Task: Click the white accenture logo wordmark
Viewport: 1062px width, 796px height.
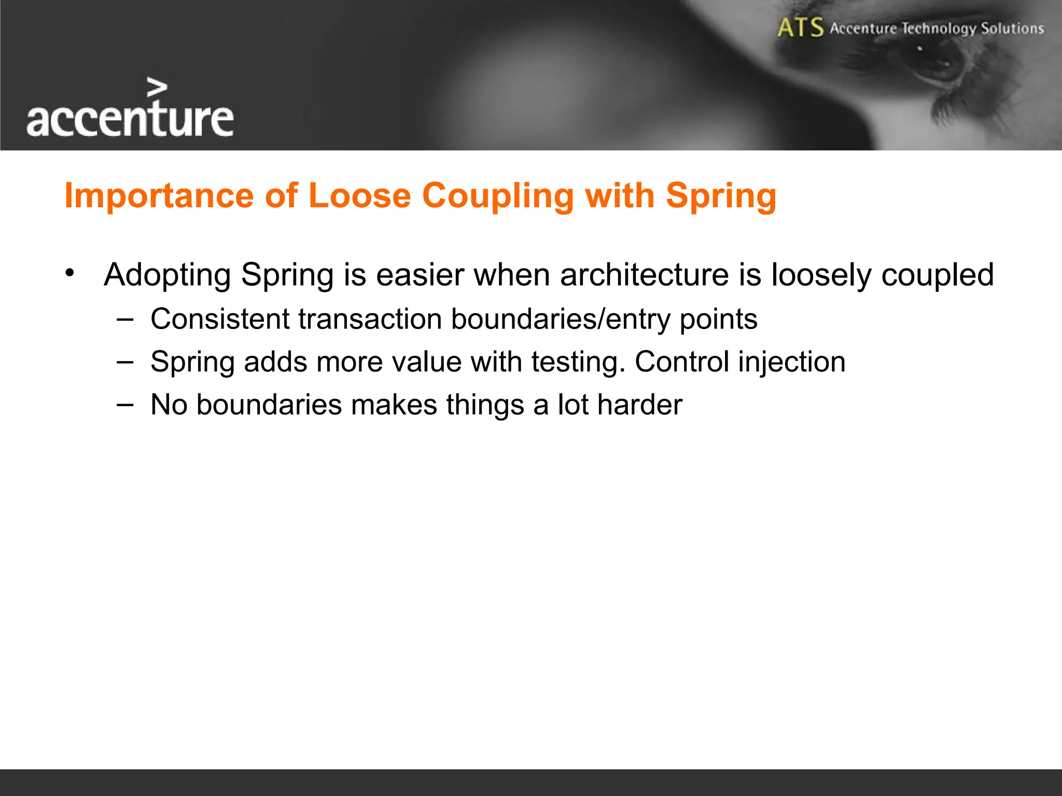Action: click(130, 119)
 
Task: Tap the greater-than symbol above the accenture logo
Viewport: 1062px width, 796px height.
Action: click(157, 88)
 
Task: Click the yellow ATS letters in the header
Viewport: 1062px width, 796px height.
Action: click(800, 27)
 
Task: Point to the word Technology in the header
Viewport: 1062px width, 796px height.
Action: click(939, 29)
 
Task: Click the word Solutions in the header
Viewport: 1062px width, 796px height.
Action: click(1012, 28)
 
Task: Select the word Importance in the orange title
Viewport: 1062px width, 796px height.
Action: click(159, 196)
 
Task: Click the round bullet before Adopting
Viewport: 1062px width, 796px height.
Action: click(70, 273)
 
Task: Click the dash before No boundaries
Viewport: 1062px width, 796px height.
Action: click(124, 404)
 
